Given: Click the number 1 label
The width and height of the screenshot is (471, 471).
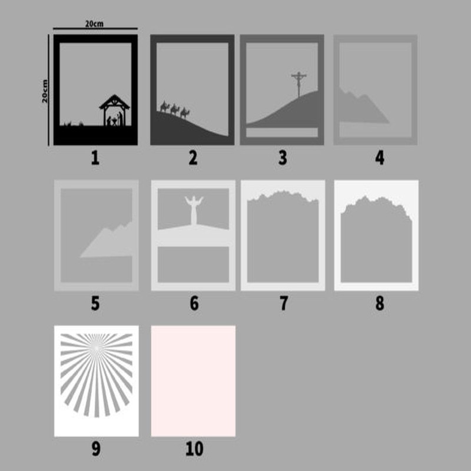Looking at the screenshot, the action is [95, 158].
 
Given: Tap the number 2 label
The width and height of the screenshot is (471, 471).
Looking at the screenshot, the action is [193, 158].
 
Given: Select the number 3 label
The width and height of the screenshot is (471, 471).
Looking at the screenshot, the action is [283, 158].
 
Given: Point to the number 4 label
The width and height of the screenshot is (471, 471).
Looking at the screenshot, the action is [380, 158].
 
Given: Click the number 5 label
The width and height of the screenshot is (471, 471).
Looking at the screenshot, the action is [95, 303].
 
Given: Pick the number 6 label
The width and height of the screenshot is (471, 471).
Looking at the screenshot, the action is [194, 303].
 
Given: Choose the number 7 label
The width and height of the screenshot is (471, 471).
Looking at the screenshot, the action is [284, 303].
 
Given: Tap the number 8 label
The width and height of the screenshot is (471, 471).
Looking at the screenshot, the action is [380, 303].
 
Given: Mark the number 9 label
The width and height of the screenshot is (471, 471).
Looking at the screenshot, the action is [96, 449].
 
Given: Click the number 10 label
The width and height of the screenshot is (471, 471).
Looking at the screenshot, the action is [194, 449].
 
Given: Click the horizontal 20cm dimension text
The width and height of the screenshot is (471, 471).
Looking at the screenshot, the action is [94, 24].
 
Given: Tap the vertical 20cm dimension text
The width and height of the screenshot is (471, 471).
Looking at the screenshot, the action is [45, 91].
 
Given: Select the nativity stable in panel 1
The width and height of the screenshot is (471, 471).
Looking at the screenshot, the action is [114, 110].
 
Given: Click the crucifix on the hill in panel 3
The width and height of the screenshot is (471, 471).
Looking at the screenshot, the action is [299, 84].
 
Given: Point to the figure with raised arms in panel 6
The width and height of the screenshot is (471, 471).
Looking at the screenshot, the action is [194, 210].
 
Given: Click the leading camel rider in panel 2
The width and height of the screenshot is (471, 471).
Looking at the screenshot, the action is [185, 113].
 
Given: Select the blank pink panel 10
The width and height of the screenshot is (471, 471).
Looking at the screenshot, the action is [193, 381].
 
